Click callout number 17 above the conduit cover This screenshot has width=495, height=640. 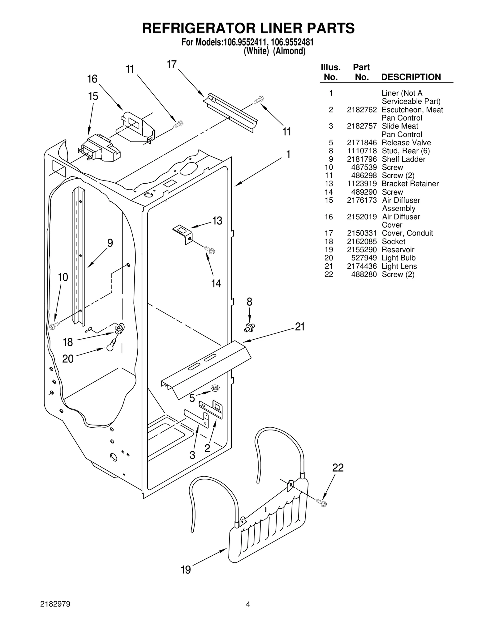[171, 64]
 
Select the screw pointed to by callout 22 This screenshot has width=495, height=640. [322, 503]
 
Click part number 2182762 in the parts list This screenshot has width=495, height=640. [362, 110]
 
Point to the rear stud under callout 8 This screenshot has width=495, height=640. [250, 328]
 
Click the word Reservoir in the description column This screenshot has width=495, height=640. [398, 250]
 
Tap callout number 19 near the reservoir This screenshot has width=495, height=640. [186, 570]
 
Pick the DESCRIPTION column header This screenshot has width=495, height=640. [411, 77]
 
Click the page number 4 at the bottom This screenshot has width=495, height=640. [248, 613]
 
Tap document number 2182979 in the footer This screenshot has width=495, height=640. [55, 613]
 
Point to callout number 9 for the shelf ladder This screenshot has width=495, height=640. [110, 243]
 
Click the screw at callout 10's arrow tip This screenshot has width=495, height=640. [54, 326]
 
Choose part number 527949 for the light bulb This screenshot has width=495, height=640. [364, 258]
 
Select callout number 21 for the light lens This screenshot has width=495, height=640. [300, 327]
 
